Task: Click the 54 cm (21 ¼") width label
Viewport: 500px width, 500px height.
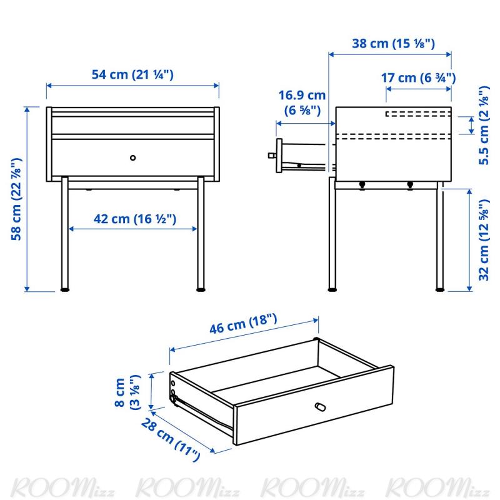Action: click(x=132, y=74)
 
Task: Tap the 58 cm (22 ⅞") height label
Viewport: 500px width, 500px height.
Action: click(x=16, y=199)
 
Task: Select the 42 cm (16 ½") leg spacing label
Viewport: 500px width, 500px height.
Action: click(x=135, y=219)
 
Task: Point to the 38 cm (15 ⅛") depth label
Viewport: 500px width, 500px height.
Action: click(x=394, y=43)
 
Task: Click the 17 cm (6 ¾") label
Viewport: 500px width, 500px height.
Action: click(x=418, y=77)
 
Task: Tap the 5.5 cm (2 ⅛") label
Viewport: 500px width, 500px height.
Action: click(x=484, y=126)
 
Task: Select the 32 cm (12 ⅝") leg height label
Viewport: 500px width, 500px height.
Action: click(x=484, y=240)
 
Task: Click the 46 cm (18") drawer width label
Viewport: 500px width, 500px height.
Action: click(x=243, y=324)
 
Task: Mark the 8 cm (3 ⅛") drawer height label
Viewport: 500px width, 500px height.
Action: click(x=127, y=392)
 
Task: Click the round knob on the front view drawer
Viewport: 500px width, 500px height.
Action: click(x=133, y=157)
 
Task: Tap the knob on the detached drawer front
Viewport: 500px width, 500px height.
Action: click(x=320, y=407)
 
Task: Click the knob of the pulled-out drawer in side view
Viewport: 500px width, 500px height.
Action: click(x=272, y=156)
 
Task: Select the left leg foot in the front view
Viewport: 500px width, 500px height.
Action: click(x=65, y=290)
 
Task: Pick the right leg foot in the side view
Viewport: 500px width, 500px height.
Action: click(x=440, y=290)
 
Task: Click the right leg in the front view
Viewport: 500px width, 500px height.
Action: click(x=201, y=232)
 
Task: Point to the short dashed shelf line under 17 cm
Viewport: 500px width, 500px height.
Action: click(x=418, y=114)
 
